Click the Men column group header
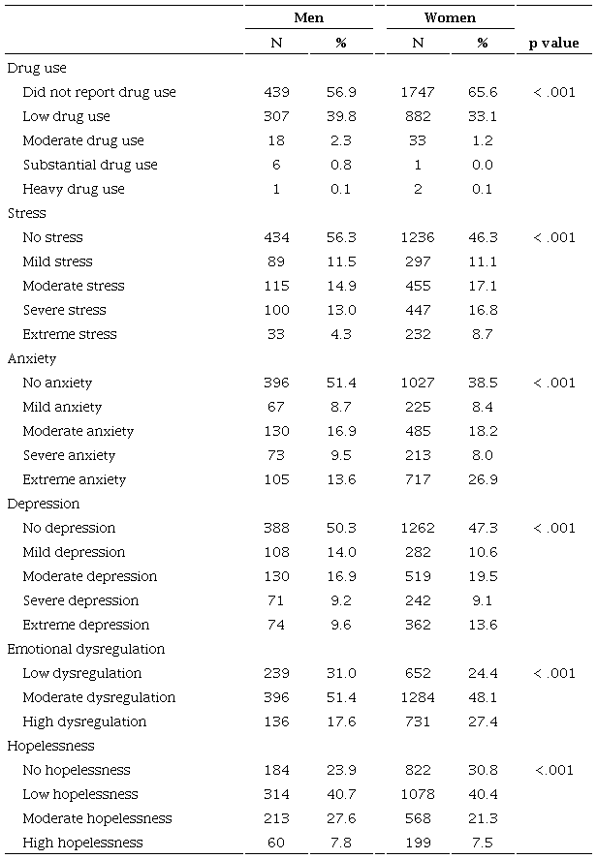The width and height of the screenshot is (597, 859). pyautogui.click(x=308, y=18)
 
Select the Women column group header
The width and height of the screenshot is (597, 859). pyautogui.click(x=450, y=18)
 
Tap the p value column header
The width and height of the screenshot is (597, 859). pyautogui.click(x=554, y=43)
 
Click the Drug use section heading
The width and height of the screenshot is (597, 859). pyautogui.click(x=37, y=68)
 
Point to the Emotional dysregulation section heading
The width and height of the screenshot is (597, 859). pyautogui.click(x=86, y=649)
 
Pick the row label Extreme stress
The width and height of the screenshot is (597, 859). pyautogui.click(x=70, y=334)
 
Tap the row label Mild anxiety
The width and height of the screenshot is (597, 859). pyautogui.click(x=62, y=407)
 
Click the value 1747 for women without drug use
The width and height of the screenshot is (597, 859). pyautogui.click(x=418, y=92)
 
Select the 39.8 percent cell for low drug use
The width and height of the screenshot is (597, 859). pyautogui.click(x=340, y=116)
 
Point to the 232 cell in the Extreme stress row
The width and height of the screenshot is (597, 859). pyautogui.click(x=418, y=334)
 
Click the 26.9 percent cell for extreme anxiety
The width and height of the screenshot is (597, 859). pyautogui.click(x=483, y=479)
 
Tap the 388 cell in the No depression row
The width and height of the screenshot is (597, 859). pyautogui.click(x=276, y=528)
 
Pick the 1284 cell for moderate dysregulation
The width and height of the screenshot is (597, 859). pyautogui.click(x=418, y=697)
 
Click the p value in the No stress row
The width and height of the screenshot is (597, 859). pyautogui.click(x=554, y=237)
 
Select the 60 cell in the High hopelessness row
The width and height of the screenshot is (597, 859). pyautogui.click(x=276, y=843)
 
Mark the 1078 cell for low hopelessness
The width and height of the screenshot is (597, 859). pyautogui.click(x=418, y=794)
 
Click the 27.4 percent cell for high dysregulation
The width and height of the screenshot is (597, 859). pyautogui.click(x=483, y=721)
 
